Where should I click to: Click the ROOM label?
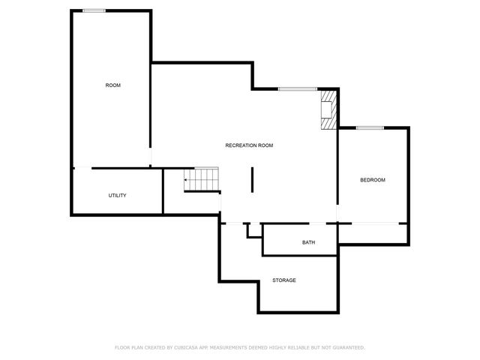point(112,85)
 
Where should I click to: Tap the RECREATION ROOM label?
point(249,145)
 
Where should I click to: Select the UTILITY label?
point(117,196)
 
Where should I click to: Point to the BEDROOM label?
point(373,180)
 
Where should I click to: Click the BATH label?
point(308,243)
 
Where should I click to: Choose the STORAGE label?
point(284,280)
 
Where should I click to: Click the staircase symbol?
point(201,179)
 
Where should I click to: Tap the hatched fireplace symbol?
point(328,110)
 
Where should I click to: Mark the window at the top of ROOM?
point(94,10)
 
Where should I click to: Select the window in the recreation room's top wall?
point(298,89)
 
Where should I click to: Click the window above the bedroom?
point(370,127)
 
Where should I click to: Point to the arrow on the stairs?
point(187,179)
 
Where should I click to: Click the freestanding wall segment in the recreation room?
point(252,180)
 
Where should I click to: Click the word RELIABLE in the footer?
point(301,347)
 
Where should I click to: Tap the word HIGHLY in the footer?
point(277,347)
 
